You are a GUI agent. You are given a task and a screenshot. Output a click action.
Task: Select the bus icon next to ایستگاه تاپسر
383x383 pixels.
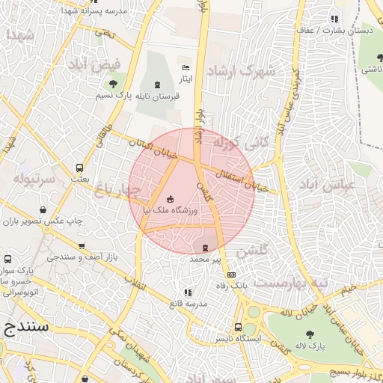point(238,327)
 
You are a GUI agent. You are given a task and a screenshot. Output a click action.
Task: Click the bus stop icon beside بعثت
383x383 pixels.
point(80,168)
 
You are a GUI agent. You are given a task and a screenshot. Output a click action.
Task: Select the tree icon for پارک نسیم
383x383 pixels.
point(113,84)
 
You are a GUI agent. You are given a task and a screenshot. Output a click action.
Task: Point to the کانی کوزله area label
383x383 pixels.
point(239,144)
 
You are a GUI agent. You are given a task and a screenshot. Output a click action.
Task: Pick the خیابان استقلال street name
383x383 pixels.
point(241,180)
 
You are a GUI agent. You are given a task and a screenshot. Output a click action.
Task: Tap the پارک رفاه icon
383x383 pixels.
point(230,275)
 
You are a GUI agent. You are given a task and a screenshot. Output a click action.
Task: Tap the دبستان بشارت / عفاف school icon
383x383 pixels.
point(335,19)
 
